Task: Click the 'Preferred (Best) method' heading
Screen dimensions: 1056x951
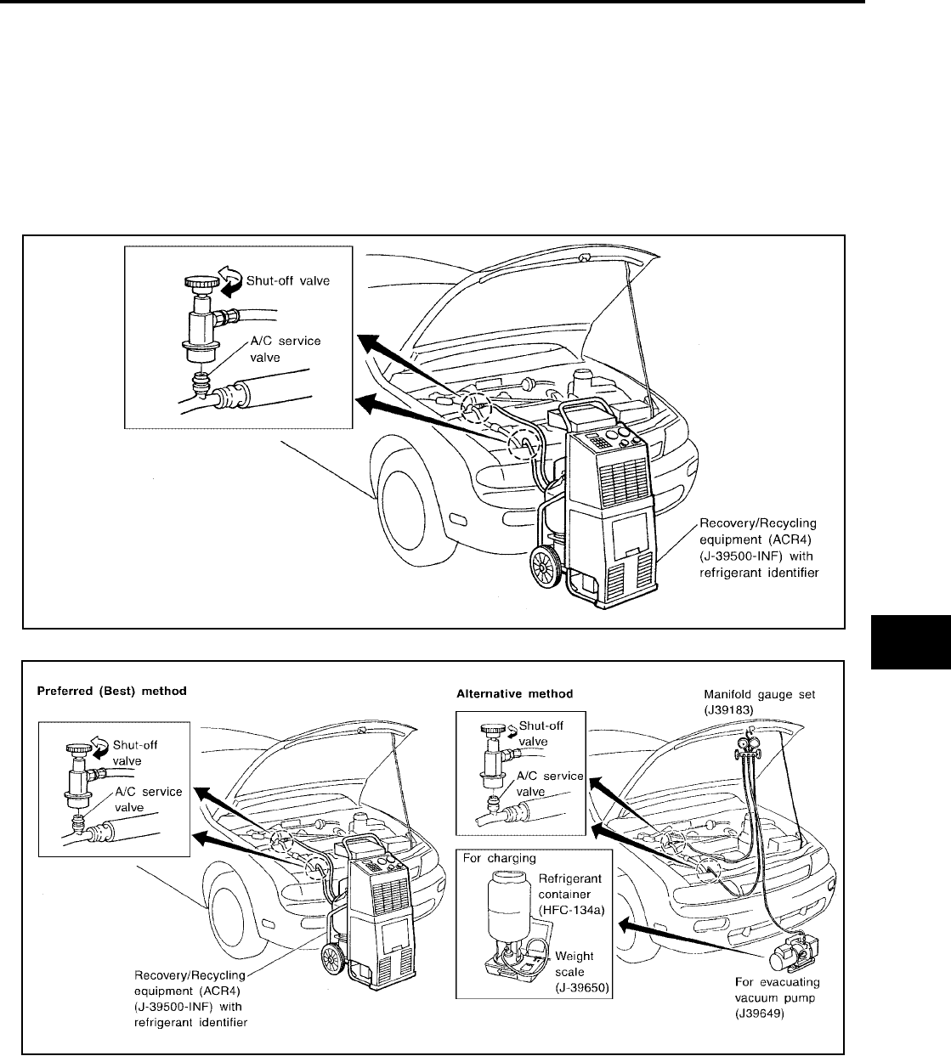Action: coord(111,692)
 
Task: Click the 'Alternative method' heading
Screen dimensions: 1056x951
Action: coord(515,693)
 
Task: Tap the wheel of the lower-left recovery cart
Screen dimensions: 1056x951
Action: coord(332,963)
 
